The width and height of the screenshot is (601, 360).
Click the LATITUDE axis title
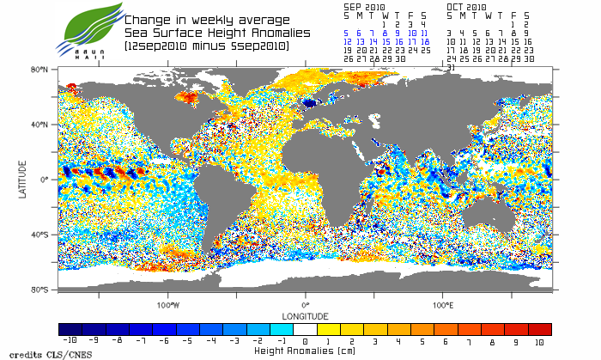point(23,180)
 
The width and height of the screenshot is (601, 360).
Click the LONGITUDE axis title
point(305,314)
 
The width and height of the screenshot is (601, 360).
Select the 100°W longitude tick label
point(167,305)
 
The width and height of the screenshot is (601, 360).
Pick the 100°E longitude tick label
point(442,305)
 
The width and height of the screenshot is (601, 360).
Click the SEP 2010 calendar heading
point(365,6)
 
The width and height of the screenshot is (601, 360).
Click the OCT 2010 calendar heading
point(467,6)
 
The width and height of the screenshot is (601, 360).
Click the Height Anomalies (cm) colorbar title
point(305,351)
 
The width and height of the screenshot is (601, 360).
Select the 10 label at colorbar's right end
point(539,341)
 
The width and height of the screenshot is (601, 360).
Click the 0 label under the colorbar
point(305,341)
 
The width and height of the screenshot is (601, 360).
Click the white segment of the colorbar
point(305,329)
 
